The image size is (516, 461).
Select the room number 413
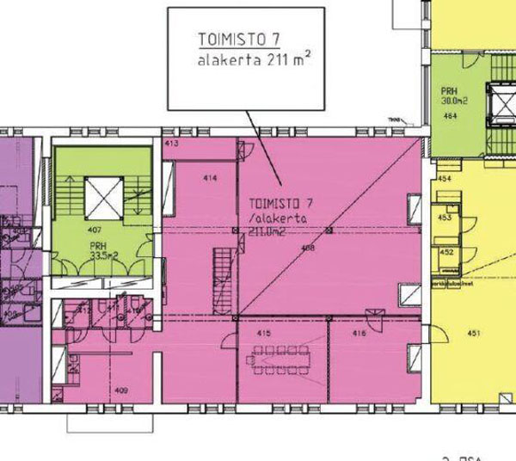coord(171,143)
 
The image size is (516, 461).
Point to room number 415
coord(265,331)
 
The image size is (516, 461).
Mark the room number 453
coord(445,218)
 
